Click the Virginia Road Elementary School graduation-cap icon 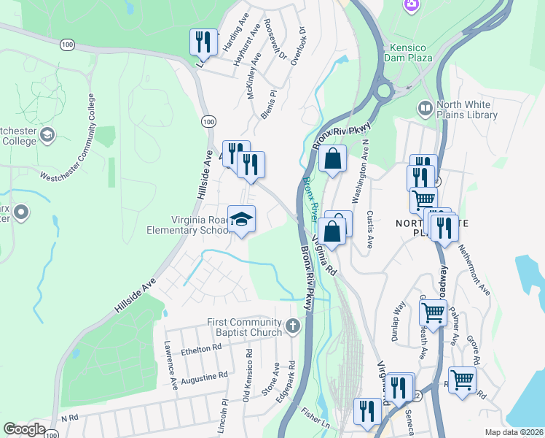(241, 219)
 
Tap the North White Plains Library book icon (424, 109)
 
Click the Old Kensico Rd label (247, 374)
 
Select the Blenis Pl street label (269, 104)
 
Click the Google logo (24, 429)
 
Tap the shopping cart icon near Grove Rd (462, 380)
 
